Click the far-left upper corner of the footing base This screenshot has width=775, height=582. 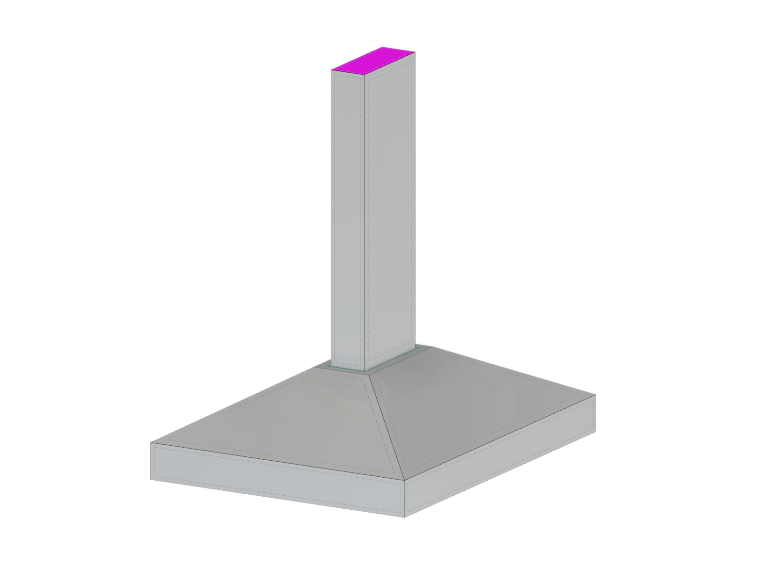151,443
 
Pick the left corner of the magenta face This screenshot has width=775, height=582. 332,70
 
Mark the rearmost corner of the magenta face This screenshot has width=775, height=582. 383,47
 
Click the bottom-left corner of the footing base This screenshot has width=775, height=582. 151,480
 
